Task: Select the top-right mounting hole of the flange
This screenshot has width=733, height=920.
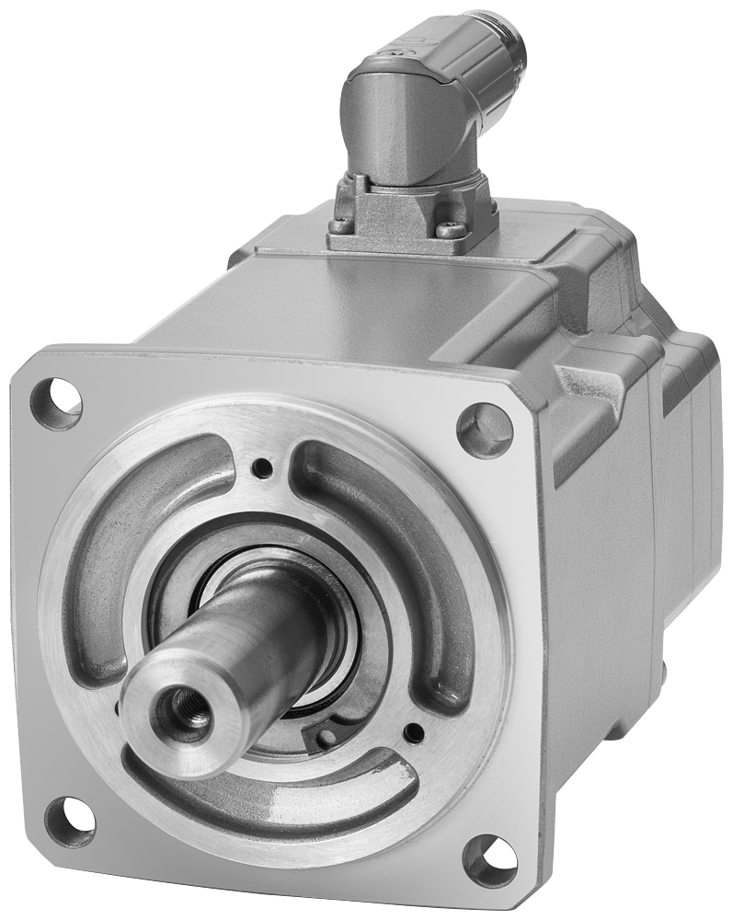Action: [x=482, y=426]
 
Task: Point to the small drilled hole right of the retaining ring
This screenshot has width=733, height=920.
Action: [x=413, y=732]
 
